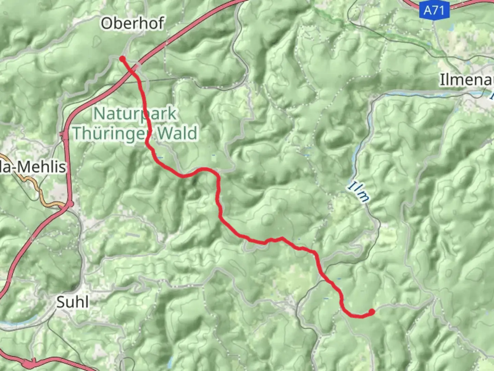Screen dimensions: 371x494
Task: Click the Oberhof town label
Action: click(132, 23)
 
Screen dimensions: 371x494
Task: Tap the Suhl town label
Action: click(73, 302)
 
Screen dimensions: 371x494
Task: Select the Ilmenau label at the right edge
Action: click(467, 80)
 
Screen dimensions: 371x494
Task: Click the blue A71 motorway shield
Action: click(434, 10)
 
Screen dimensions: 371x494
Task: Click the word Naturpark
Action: click(135, 114)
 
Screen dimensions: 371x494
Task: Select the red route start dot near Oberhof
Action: click(122, 59)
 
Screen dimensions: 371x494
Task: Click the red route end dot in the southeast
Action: click(372, 312)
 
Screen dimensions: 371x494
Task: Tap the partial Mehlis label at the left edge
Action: click(33, 167)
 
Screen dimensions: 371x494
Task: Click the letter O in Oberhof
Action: click(106, 23)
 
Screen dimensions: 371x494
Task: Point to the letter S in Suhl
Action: click(61, 302)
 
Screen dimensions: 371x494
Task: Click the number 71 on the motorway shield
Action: click(439, 10)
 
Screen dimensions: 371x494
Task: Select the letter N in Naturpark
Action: click(99, 114)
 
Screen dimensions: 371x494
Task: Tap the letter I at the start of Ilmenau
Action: click(443, 80)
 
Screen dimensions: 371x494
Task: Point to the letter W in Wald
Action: click(165, 133)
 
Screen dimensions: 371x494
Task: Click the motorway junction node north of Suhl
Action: click(70, 204)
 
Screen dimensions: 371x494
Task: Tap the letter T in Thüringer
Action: click(78, 133)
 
